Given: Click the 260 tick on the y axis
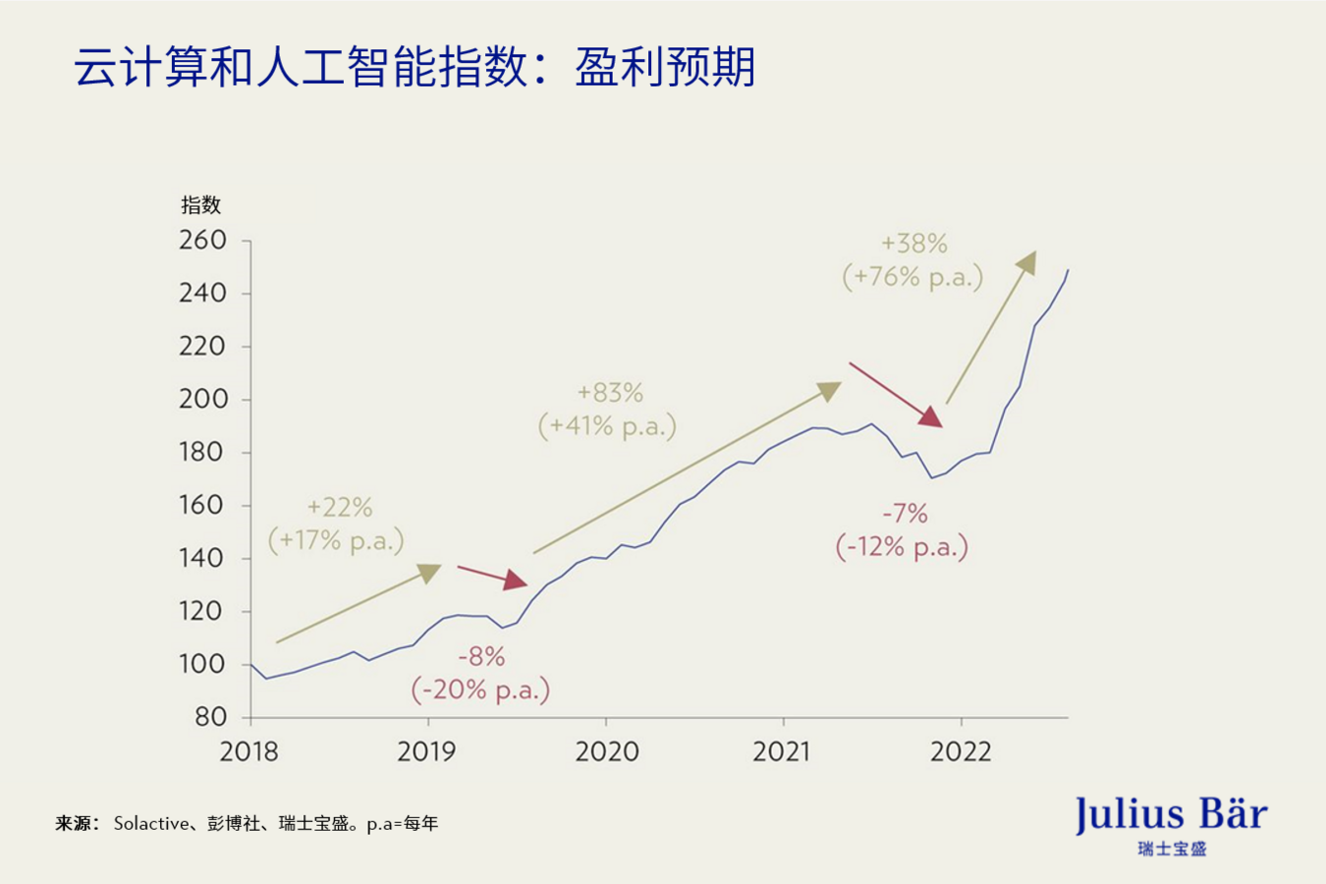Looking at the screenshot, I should point(202,240).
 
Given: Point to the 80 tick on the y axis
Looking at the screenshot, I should point(210,717).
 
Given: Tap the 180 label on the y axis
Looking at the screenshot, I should point(202,452).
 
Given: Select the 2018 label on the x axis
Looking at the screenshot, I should point(249,752).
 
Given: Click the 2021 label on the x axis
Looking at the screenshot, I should point(782,752).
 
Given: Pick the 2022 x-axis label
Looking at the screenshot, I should point(961,752).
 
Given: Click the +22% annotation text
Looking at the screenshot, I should point(340,507).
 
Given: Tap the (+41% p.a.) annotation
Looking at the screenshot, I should point(607,426).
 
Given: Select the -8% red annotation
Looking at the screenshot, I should point(481,656).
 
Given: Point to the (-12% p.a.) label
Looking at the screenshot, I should point(902,547).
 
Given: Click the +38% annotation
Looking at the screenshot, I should point(913,244).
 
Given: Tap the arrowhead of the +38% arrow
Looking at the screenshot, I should point(1027,260).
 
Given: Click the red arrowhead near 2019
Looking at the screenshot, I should point(516,580).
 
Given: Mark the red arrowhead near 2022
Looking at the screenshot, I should point(930,416).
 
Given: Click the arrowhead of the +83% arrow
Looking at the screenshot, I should point(831,391).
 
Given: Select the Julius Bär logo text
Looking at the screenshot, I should point(1171,815).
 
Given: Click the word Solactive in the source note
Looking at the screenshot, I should point(151,823).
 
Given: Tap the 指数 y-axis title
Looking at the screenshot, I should point(200,205).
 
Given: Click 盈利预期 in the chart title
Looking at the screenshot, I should point(665,68).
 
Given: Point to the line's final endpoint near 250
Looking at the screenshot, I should point(1068,270).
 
